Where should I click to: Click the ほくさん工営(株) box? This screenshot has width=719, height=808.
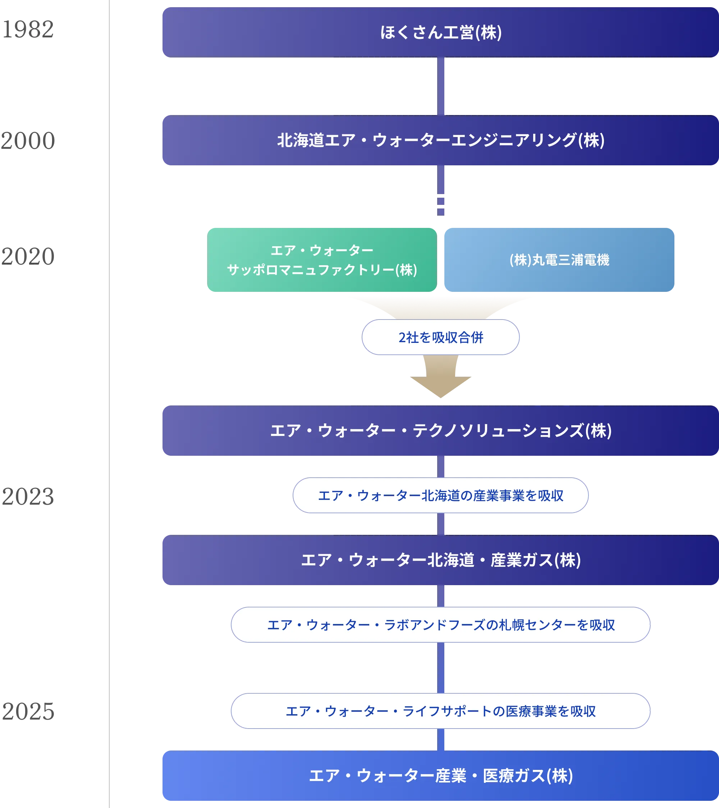(440, 32)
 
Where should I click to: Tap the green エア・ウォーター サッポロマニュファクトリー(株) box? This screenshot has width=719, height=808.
(322, 260)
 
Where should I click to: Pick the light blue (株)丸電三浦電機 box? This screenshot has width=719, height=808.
(559, 260)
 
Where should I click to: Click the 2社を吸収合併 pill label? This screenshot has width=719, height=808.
(440, 337)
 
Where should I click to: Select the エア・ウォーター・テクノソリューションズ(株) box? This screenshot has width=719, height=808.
(440, 431)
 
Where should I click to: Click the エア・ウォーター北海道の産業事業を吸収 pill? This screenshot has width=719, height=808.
(440, 495)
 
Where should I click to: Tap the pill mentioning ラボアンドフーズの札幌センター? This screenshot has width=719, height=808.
(440, 625)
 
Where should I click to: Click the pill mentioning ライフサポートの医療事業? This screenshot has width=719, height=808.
(440, 711)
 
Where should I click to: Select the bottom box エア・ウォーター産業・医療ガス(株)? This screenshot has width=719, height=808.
(440, 776)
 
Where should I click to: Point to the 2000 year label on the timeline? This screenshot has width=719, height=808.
(28, 139)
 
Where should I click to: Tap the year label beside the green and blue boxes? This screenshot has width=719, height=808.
(28, 257)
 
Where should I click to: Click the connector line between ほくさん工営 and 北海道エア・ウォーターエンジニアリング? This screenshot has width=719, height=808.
(441, 86)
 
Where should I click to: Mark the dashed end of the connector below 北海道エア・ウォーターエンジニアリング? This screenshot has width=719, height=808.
(441, 206)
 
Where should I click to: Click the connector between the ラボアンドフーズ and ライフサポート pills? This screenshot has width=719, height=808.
(441, 668)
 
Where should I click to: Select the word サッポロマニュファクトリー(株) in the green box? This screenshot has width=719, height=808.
(322, 270)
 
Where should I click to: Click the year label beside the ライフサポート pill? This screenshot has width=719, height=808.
(28, 711)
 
